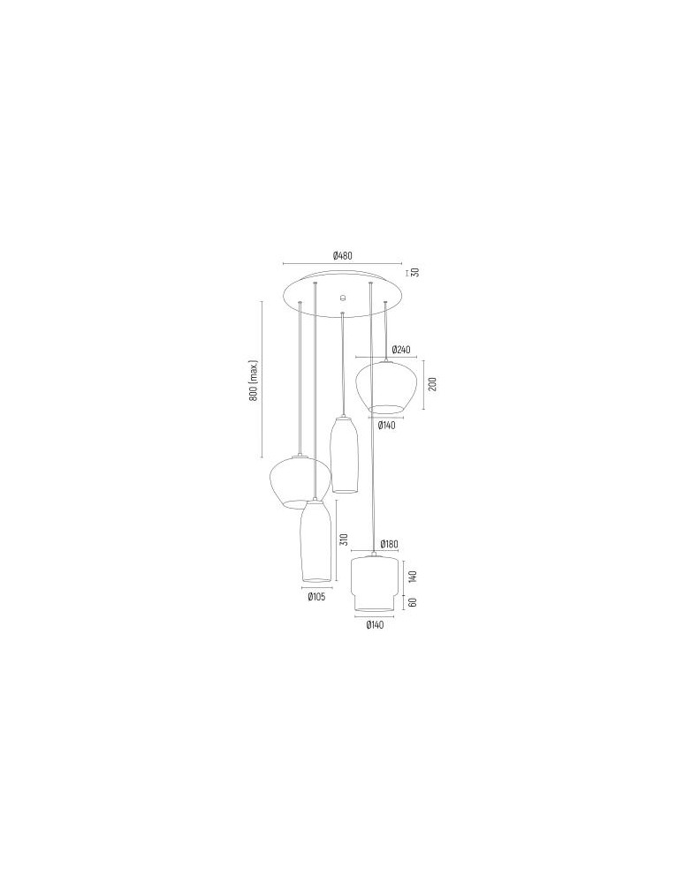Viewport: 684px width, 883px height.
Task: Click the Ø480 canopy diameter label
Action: (342, 256)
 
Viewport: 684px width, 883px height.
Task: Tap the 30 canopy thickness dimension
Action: (414, 272)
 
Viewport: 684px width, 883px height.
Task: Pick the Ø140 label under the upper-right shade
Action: (386, 425)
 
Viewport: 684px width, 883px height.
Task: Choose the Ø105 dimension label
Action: (316, 596)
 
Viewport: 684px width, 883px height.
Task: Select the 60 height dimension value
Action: (412, 602)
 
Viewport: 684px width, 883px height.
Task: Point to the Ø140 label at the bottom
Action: (376, 626)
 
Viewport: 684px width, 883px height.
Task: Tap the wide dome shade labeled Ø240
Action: (385, 386)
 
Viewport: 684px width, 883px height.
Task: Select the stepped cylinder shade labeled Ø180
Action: (371, 582)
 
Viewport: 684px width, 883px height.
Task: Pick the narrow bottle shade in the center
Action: (343, 454)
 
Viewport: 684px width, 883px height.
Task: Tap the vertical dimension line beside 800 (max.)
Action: (262, 381)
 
